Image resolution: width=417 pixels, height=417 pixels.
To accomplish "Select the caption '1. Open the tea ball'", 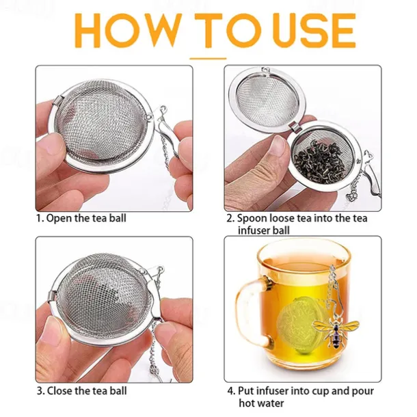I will [81, 219].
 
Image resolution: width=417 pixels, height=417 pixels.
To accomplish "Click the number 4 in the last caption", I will [230, 391].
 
